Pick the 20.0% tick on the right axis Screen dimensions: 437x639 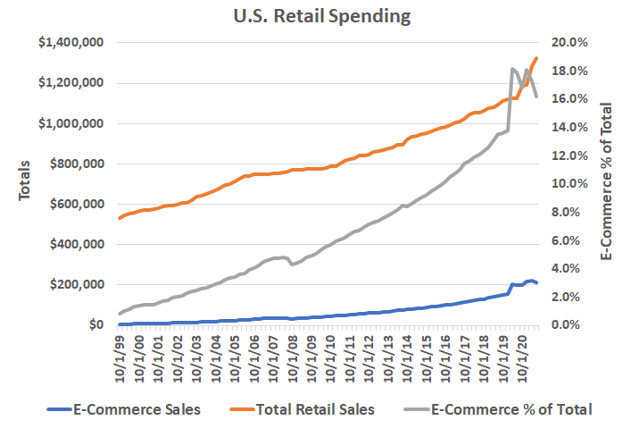[568, 43]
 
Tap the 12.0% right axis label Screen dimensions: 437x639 [568, 155]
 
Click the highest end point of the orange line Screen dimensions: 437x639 [536, 58]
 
